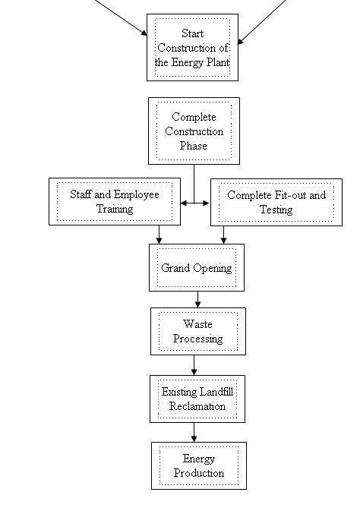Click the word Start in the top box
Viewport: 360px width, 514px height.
(x=193, y=33)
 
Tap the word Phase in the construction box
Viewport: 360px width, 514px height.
(x=194, y=146)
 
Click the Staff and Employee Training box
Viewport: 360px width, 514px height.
(x=115, y=201)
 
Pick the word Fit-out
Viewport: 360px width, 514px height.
(x=290, y=195)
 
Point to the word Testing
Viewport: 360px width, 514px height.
(x=276, y=210)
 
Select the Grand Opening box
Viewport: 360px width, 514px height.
(x=197, y=267)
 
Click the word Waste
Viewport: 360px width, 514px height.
(x=197, y=324)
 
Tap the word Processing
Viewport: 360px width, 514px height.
(x=198, y=339)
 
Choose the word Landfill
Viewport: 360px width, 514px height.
(x=216, y=392)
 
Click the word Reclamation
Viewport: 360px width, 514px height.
(x=197, y=406)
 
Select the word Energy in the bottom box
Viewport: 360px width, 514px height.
(x=199, y=459)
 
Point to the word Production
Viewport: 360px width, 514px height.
(x=199, y=473)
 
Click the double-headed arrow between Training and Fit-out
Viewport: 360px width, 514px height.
(x=194, y=203)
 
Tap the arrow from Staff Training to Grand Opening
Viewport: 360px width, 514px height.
(x=159, y=235)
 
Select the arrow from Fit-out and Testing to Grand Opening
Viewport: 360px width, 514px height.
(x=223, y=235)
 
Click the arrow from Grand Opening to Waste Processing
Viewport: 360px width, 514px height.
(x=197, y=299)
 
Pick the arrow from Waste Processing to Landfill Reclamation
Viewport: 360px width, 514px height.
(x=194, y=365)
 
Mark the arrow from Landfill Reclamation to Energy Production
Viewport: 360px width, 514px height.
(x=194, y=432)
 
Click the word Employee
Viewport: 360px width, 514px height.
(x=137, y=194)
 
